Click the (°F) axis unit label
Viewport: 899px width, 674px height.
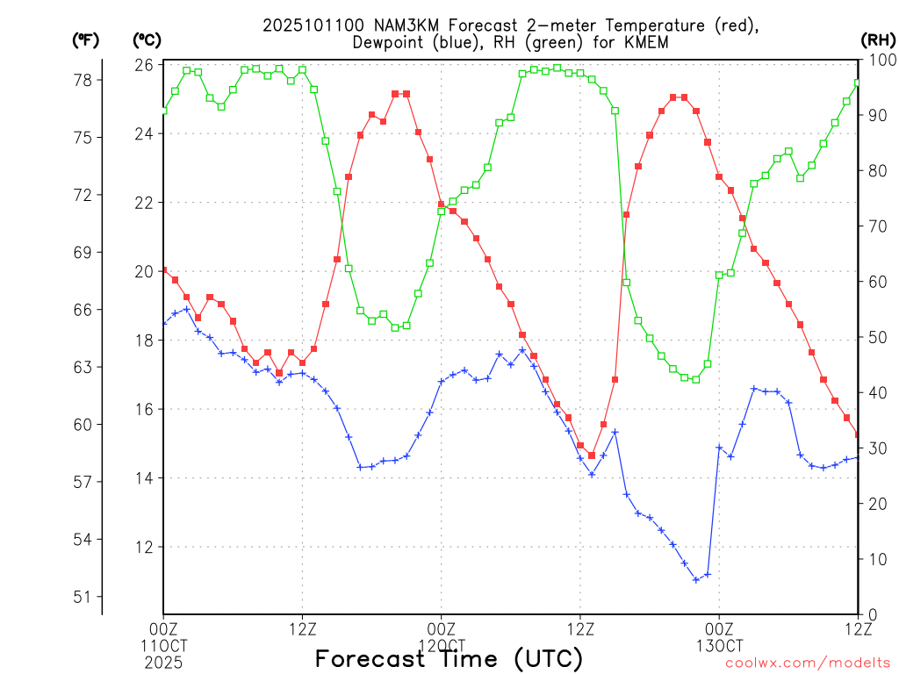pos(87,40)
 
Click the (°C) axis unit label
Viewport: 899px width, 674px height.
pos(147,40)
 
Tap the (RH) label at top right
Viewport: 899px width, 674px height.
pos(877,40)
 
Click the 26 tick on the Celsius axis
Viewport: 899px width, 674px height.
pos(145,65)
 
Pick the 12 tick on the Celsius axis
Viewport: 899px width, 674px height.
pos(145,547)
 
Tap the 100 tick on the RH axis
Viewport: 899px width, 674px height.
pos(879,60)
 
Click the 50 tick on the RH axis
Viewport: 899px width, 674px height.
pos(874,337)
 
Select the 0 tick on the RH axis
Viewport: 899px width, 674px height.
pos(870,614)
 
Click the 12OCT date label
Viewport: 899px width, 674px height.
pos(441,644)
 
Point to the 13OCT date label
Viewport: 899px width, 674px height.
pos(719,644)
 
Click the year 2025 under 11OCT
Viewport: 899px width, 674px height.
pos(163,660)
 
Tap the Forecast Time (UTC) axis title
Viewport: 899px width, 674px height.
pos(449,659)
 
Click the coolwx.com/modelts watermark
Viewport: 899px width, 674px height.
pos(808,663)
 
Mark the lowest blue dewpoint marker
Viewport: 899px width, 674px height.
pos(696,580)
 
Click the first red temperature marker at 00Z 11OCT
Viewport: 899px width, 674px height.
pos(164,270)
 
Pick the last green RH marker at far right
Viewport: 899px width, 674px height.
pos(858,82)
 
